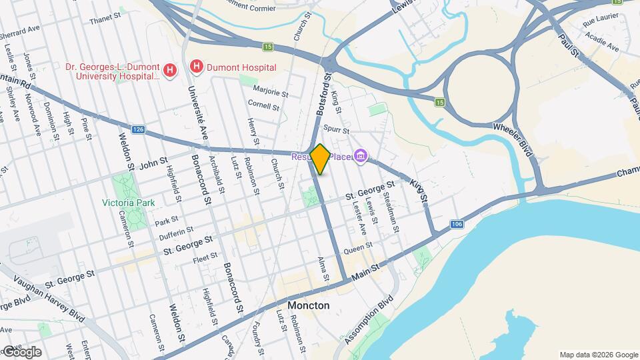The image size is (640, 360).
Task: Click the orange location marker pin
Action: coord(320,159)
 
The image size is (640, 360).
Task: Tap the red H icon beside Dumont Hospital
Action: coord(197,67)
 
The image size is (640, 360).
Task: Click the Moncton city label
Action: coord(308,305)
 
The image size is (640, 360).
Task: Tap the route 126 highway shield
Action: coord(138,129)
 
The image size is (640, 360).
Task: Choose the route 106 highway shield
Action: coord(456,225)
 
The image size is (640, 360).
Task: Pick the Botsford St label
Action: coord(323,97)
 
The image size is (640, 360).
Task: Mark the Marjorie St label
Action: coord(271,91)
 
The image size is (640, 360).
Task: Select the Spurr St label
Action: coord(336,128)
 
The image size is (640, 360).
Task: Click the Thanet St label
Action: coord(103,21)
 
